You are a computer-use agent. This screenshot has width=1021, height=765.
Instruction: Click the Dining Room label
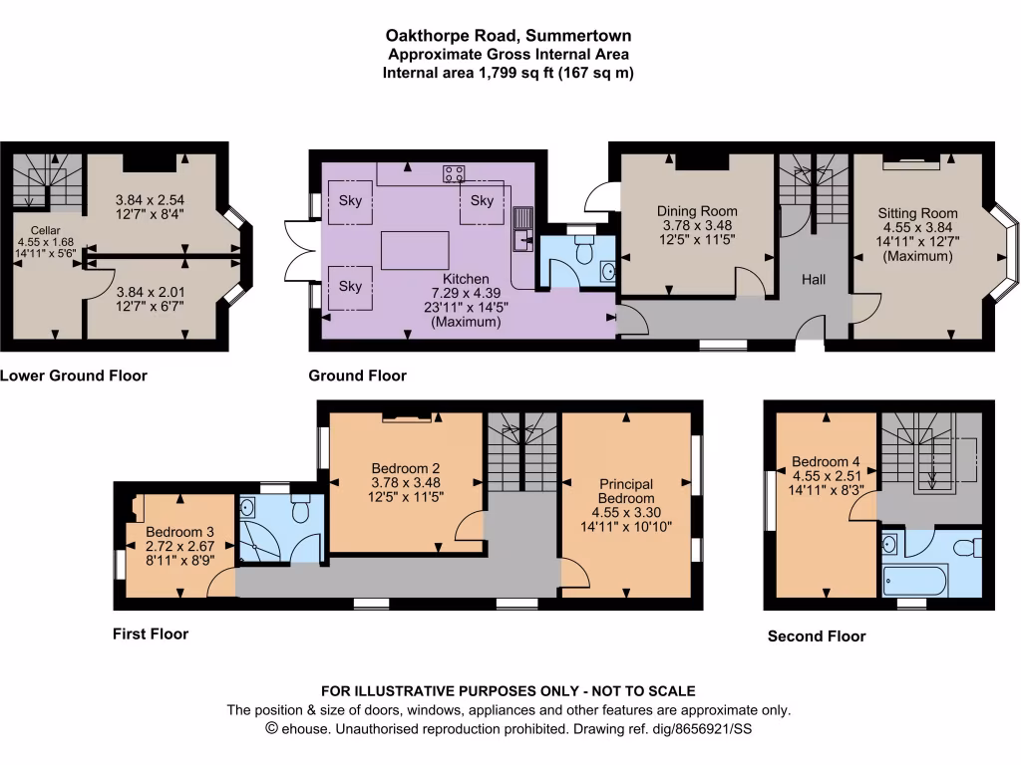click(697, 211)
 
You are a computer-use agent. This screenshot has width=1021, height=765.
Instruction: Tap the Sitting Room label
click(917, 213)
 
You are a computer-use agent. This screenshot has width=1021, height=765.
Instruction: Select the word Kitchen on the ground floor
click(466, 280)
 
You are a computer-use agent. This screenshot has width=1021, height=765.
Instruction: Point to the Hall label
click(814, 281)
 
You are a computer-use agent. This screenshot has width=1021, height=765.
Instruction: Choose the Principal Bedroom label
click(626, 491)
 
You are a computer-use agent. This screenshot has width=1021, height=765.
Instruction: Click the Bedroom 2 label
click(406, 468)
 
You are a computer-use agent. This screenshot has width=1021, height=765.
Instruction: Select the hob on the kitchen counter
click(455, 174)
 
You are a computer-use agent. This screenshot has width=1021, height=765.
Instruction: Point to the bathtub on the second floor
click(915, 580)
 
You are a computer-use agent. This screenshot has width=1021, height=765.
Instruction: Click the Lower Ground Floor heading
click(74, 376)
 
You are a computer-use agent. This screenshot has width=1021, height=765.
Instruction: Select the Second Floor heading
click(817, 636)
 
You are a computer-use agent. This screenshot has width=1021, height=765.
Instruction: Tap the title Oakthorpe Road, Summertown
click(510, 37)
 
